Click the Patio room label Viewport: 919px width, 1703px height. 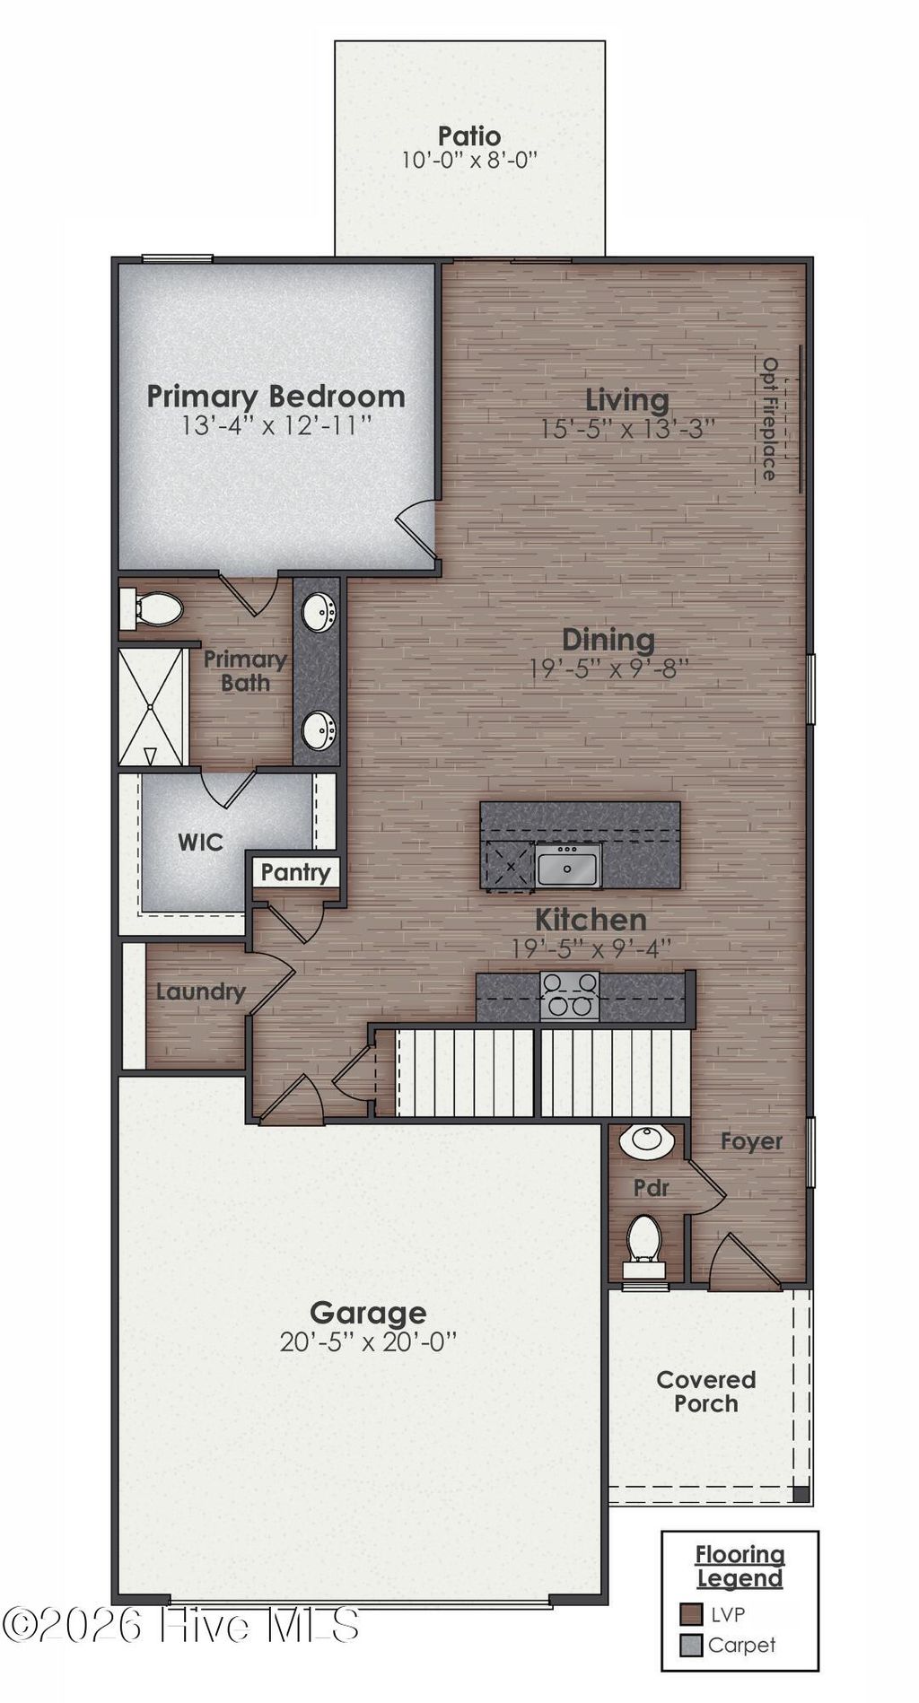(468, 136)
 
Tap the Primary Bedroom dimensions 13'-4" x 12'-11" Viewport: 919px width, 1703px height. (276, 424)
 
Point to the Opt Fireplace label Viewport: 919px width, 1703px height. (769, 418)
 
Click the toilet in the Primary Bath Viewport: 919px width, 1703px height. (153, 609)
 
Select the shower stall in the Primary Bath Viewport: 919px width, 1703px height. (152, 708)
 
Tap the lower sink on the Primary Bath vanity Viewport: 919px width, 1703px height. (318, 729)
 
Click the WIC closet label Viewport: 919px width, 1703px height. (200, 842)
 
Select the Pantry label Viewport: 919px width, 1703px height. (295, 872)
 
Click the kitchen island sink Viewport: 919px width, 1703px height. (568, 866)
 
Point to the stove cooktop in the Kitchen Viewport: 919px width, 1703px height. (569, 995)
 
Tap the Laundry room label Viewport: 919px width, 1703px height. (200, 991)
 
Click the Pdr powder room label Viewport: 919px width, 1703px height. (651, 1188)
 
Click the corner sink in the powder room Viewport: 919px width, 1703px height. (645, 1140)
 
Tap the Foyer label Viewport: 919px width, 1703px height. (751, 1141)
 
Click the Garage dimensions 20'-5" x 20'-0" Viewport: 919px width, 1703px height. (368, 1342)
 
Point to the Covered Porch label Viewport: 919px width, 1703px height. (705, 1392)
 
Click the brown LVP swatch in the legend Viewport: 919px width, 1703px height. (690, 1614)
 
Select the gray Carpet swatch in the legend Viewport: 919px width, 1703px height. (690, 1645)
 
